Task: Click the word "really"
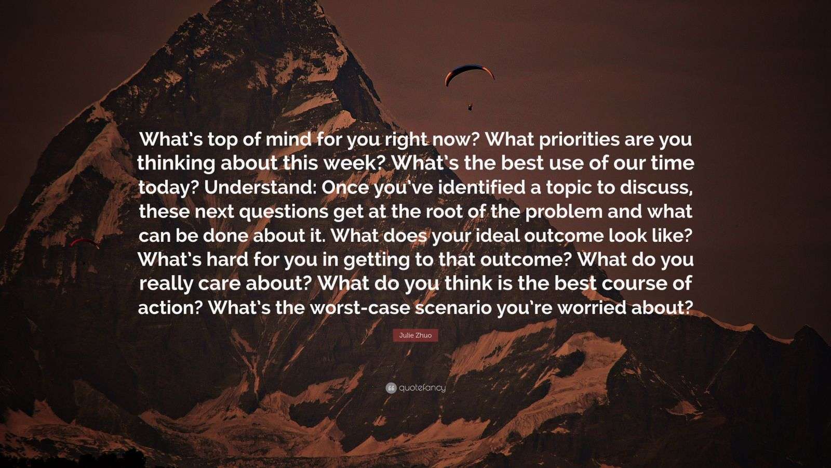(x=163, y=284)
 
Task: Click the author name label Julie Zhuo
(x=415, y=335)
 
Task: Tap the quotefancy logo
(x=415, y=388)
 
